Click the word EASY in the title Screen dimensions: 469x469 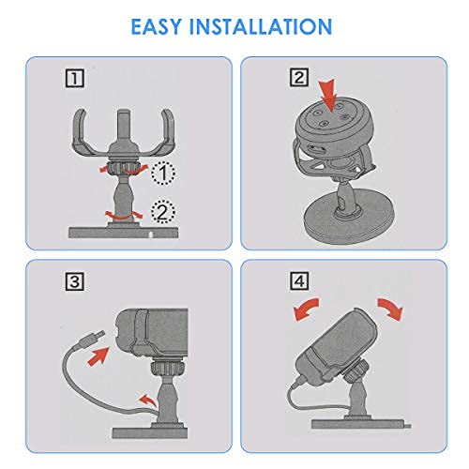[156, 26]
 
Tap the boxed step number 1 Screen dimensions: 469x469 [75, 78]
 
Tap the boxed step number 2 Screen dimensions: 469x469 [299, 77]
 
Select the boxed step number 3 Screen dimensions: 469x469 [75, 281]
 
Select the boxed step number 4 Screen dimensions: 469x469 [299, 280]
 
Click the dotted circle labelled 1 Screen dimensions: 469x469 [163, 173]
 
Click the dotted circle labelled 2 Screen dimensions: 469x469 [163, 212]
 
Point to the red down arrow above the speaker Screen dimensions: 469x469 [328, 96]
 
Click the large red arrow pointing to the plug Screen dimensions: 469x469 [98, 356]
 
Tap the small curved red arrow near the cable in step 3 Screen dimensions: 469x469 [148, 401]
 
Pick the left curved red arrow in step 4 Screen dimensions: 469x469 [307, 310]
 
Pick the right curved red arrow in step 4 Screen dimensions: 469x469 [390, 309]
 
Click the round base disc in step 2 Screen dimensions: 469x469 [350, 219]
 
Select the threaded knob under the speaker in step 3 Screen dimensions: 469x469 [166, 369]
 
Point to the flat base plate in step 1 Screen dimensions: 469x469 [124, 233]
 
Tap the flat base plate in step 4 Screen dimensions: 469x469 [361, 424]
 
